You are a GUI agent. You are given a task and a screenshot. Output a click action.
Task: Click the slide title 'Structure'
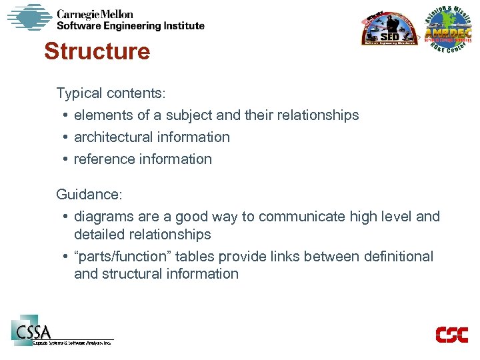click(x=97, y=51)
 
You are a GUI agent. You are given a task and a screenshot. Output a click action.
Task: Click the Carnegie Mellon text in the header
click(x=95, y=14)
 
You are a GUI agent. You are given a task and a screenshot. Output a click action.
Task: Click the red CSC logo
click(x=451, y=335)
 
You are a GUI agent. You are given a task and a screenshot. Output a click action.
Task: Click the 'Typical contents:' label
click(x=111, y=93)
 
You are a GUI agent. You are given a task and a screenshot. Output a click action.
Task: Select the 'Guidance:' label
click(x=89, y=195)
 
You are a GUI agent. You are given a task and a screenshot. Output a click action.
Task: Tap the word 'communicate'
click(x=297, y=217)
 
